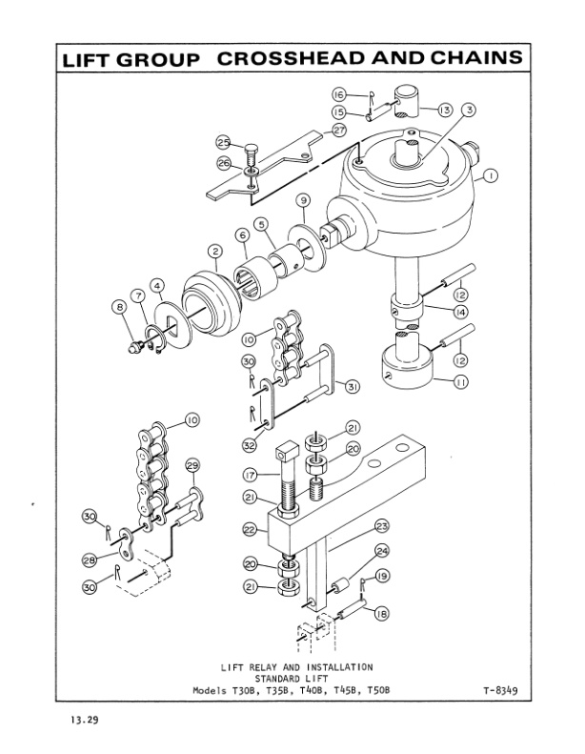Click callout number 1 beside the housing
488,175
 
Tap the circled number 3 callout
468,110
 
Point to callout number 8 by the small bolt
119,307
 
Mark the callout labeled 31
352,386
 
